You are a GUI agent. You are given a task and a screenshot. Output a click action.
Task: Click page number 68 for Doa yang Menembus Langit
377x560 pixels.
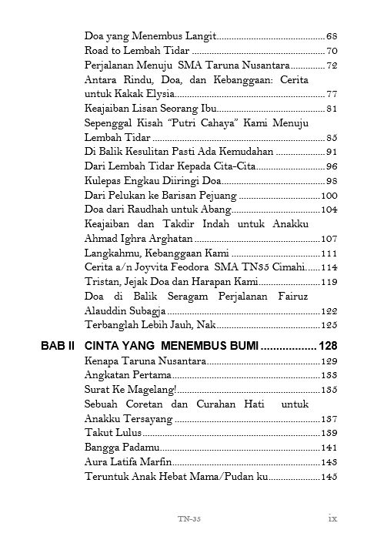tap(332, 36)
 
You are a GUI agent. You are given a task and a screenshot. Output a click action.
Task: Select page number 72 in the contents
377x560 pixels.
tap(332, 65)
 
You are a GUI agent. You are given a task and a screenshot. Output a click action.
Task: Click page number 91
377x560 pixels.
tap(332, 152)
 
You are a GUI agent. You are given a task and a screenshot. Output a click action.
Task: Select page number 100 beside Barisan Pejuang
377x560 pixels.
tap(329, 195)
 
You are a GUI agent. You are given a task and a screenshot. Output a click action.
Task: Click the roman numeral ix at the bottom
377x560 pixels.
tap(332, 518)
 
